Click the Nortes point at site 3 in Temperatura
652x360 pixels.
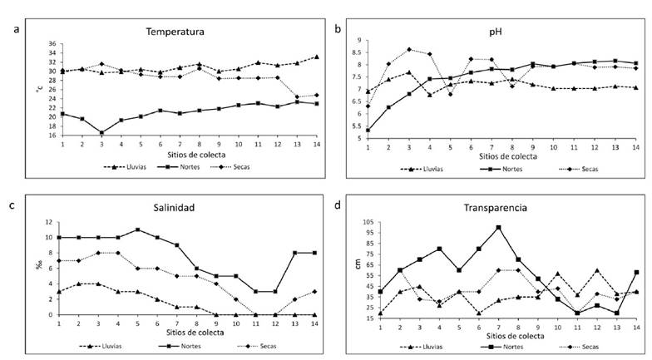point(101,132)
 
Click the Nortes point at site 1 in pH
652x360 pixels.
point(368,129)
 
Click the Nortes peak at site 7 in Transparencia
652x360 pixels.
point(498,227)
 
